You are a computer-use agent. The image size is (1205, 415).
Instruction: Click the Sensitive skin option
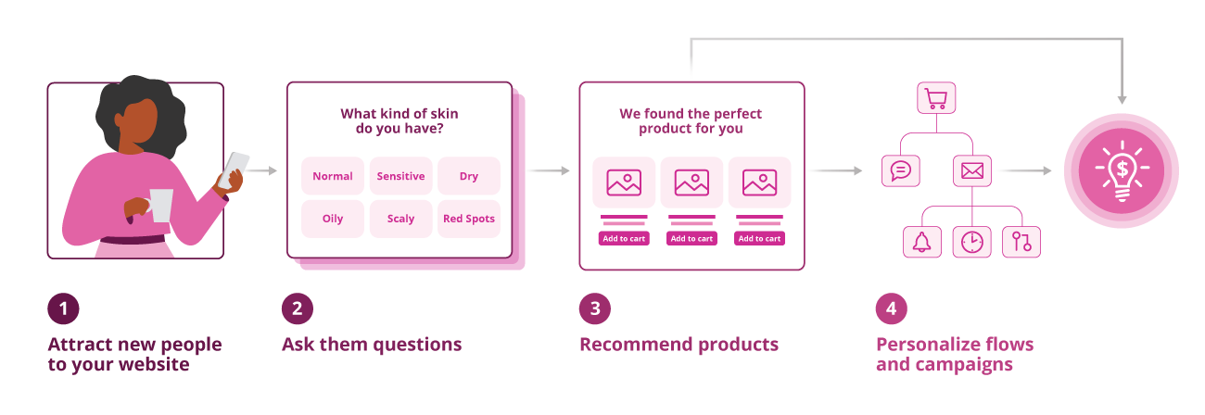pos(400,176)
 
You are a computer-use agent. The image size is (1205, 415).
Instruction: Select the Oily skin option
pos(332,219)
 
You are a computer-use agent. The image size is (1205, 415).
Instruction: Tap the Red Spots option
pos(468,219)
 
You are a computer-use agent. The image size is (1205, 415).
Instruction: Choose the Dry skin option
pos(468,176)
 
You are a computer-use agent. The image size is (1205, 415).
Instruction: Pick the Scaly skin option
pos(400,219)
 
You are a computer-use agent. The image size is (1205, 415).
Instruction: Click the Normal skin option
pos(332,176)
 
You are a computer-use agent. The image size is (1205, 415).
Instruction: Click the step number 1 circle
pos(63,308)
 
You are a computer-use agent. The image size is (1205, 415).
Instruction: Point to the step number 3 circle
pos(595,308)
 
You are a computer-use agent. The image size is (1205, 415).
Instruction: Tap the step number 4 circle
pos(891,308)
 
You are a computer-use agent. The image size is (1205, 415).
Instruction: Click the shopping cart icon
pos(935,98)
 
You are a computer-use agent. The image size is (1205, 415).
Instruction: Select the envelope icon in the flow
pos(971,170)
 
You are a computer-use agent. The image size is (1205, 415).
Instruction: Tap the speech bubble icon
pos(899,170)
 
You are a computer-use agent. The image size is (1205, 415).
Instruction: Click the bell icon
pos(921,242)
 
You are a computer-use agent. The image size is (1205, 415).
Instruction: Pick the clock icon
pos(971,242)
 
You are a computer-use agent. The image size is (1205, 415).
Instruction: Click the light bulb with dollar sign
pos(1121,170)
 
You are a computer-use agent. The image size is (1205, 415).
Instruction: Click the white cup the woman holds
pos(161,205)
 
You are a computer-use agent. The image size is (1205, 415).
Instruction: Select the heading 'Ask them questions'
pos(372,345)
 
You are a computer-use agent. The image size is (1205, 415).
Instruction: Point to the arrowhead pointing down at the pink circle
pos(1121,97)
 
